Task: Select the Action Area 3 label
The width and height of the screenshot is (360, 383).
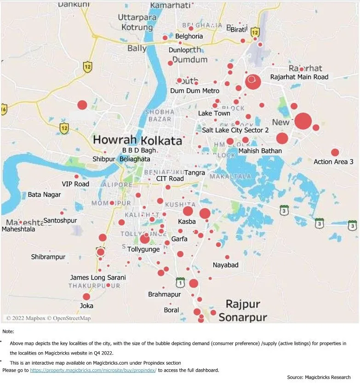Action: (x=333, y=161)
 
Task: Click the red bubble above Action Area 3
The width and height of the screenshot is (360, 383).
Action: (x=335, y=152)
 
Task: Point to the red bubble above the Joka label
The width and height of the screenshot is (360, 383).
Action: (x=86, y=297)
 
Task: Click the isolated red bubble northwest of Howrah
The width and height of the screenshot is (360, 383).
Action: (x=82, y=105)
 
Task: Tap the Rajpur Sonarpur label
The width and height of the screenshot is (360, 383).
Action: (x=242, y=311)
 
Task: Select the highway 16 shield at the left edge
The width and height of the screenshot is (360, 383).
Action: (x=4, y=109)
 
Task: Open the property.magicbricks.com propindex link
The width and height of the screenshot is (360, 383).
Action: (x=93, y=370)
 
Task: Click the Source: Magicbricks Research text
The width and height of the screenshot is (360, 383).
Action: (x=319, y=377)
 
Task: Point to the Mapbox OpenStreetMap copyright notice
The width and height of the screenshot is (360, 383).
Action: (x=48, y=318)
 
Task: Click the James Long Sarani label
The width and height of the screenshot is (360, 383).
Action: (x=98, y=277)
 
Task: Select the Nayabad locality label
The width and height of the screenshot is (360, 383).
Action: (x=225, y=265)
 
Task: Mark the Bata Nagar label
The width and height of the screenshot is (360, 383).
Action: (x=44, y=194)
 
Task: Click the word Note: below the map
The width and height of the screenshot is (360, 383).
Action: (x=8, y=331)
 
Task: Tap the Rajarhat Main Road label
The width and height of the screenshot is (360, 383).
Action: (x=299, y=77)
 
